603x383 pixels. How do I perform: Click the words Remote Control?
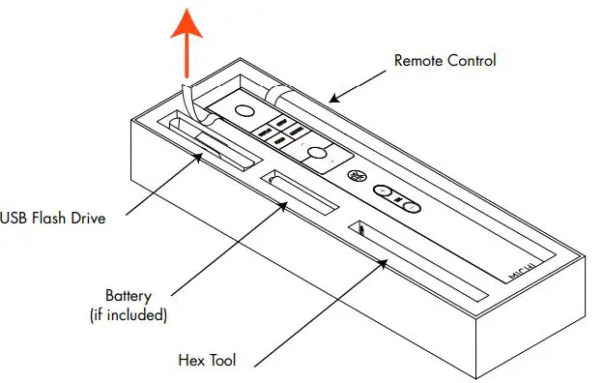(x=445, y=61)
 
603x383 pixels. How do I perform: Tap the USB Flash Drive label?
(x=52, y=218)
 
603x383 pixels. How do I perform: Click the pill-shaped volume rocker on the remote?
(x=398, y=200)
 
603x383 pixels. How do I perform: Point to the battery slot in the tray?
(x=300, y=191)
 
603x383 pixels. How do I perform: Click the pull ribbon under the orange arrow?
(x=187, y=97)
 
